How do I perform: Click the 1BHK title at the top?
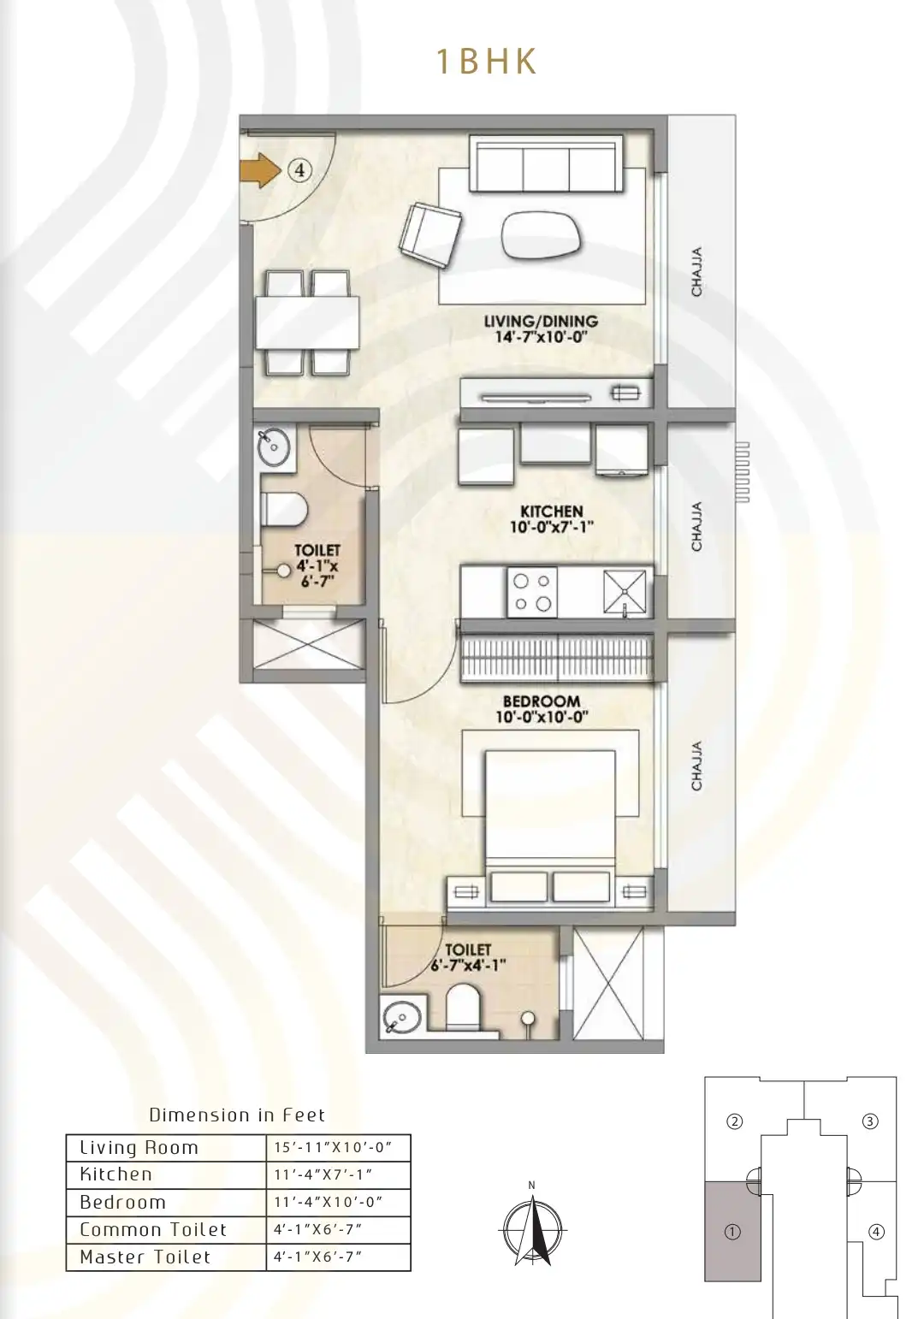(486, 62)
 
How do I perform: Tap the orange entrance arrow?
(261, 171)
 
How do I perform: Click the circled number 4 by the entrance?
(299, 170)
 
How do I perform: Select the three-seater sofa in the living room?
(545, 163)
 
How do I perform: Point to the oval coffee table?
(542, 234)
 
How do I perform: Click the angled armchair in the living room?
(429, 235)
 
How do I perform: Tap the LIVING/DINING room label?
(542, 328)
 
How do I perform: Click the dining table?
(307, 322)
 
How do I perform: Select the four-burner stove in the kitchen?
(532, 592)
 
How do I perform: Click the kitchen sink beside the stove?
(625, 592)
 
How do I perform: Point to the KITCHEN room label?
(551, 518)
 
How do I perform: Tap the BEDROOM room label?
(542, 710)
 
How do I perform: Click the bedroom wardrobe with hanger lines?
(557, 659)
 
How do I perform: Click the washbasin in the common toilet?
(274, 447)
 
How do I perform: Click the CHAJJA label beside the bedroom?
(696, 766)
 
